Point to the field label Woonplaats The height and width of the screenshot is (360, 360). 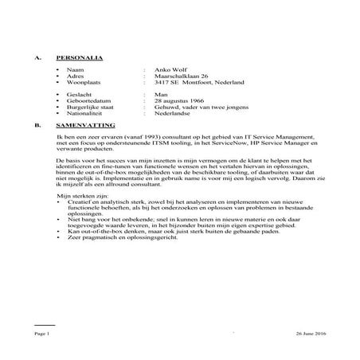[86, 83]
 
